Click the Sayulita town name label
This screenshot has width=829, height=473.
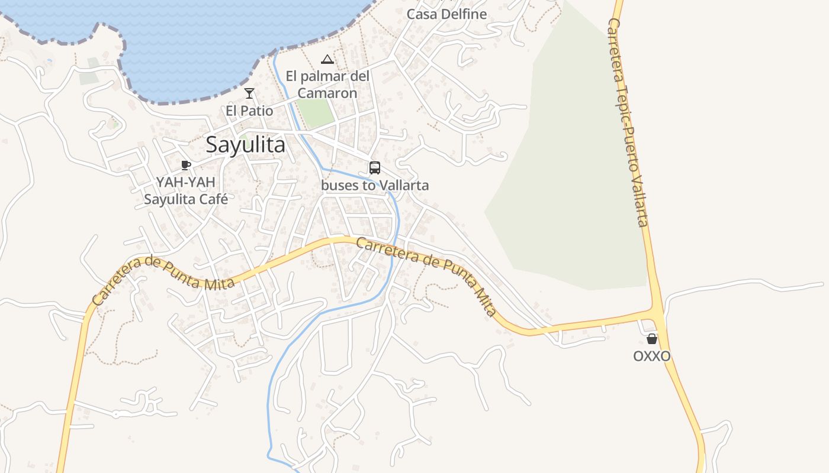(245, 145)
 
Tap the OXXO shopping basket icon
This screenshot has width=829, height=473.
(652, 339)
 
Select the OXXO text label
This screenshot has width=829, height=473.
(652, 357)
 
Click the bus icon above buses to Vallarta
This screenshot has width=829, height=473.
(375, 168)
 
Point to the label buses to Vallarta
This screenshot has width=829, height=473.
(375, 185)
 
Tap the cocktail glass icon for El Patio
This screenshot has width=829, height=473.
(249, 93)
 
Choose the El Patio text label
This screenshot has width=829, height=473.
(249, 111)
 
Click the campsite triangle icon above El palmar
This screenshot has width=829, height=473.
(327, 59)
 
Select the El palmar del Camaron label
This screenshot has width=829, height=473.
(327, 85)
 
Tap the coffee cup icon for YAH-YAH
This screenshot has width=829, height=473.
(186, 165)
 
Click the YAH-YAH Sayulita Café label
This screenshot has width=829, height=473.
(186, 190)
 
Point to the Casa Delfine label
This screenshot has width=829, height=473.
(446, 14)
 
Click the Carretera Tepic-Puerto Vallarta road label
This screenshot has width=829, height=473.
(628, 121)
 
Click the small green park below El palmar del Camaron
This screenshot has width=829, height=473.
(315, 112)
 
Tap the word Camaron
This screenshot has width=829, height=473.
(327, 93)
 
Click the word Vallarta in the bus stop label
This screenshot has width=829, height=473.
(404, 185)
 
